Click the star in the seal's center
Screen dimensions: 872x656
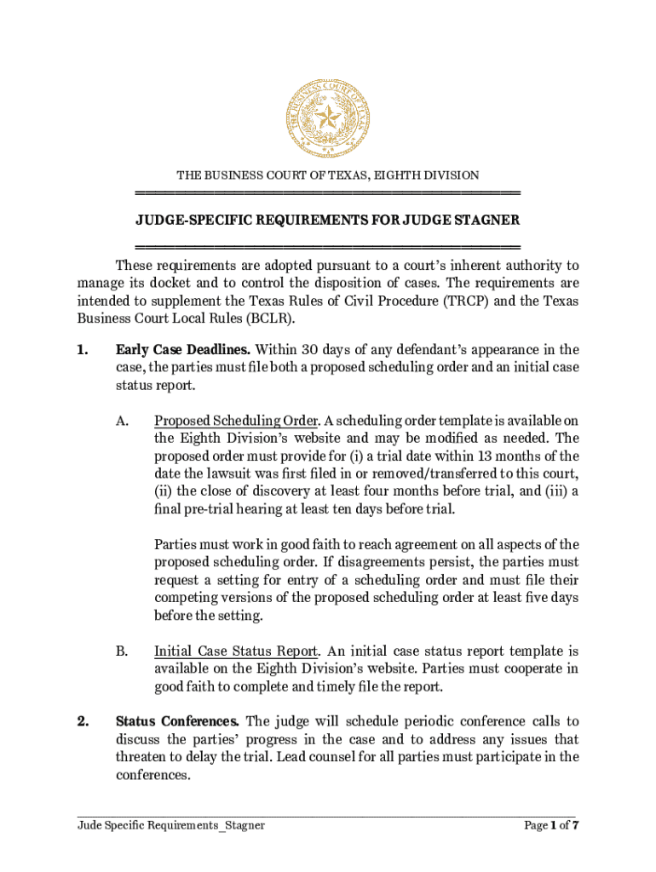click(x=327, y=117)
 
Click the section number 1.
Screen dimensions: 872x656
click(x=82, y=349)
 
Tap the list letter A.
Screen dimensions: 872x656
click(x=122, y=421)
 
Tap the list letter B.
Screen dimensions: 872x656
click(x=122, y=651)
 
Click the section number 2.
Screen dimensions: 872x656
click(x=82, y=722)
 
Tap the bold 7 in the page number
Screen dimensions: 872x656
click(x=576, y=825)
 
